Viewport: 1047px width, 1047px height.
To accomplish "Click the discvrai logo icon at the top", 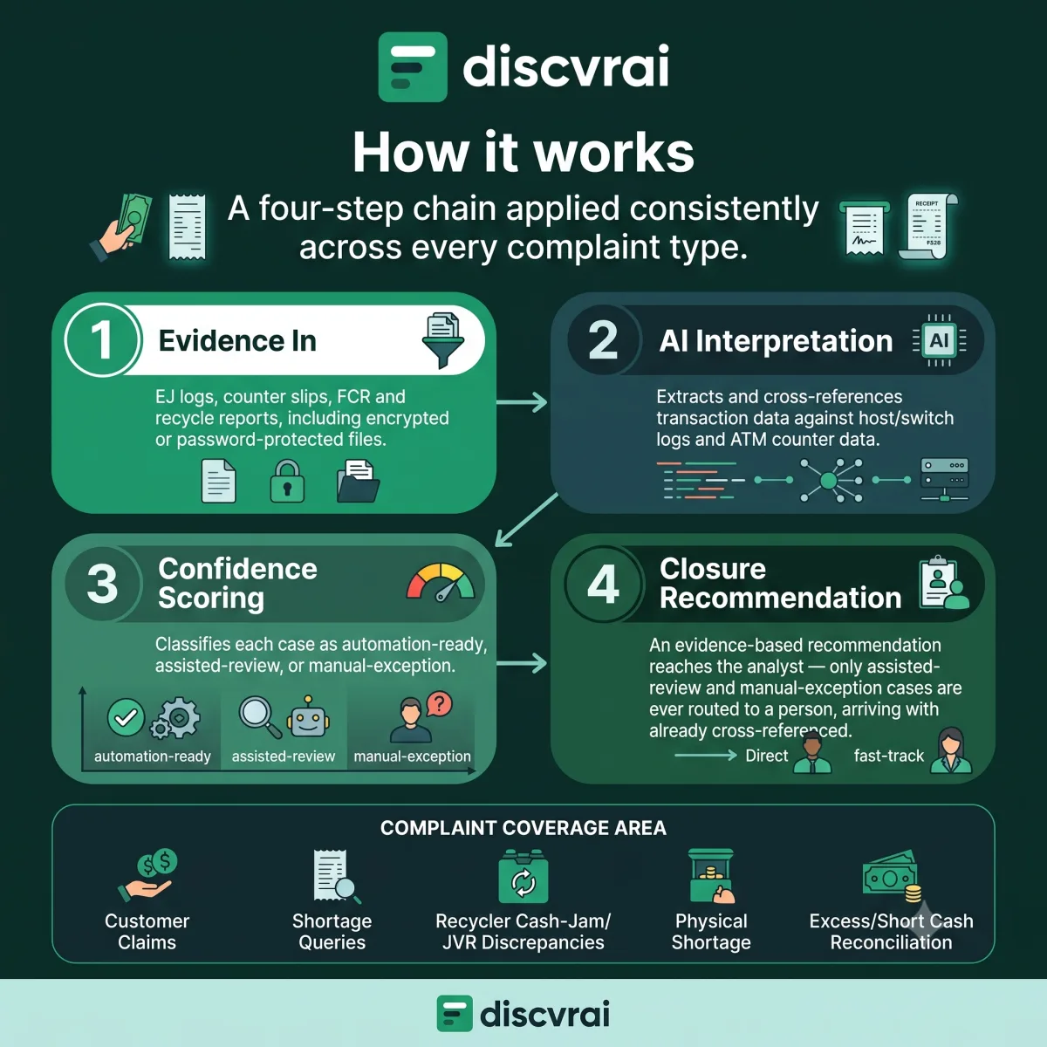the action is (413, 67).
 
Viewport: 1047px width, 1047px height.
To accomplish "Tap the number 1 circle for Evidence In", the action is (101, 340).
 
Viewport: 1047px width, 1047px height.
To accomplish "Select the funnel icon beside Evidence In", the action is (443, 340).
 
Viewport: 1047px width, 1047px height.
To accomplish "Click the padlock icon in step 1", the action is (287, 482).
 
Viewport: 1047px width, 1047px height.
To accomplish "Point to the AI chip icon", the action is (940, 340).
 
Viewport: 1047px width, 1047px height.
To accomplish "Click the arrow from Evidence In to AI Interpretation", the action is (522, 402).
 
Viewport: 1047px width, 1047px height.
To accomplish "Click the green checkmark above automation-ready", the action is (126, 717).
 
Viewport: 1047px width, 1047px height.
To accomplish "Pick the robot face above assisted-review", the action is (308, 717).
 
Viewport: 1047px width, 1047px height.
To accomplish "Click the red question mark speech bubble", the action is (440, 705).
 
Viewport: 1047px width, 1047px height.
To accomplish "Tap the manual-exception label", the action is (413, 756).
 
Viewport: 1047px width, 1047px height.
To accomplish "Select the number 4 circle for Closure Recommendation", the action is (603, 584).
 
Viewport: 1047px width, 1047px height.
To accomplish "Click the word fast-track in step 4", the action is (889, 756).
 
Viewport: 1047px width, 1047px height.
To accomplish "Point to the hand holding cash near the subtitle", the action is (121, 228).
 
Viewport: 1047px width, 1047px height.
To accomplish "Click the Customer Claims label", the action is (147, 931).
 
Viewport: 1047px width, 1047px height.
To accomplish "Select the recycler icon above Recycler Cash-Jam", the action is (523, 876).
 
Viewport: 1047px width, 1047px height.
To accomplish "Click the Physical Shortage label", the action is (711, 931).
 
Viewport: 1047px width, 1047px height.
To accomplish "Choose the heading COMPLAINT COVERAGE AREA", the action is (523, 828).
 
